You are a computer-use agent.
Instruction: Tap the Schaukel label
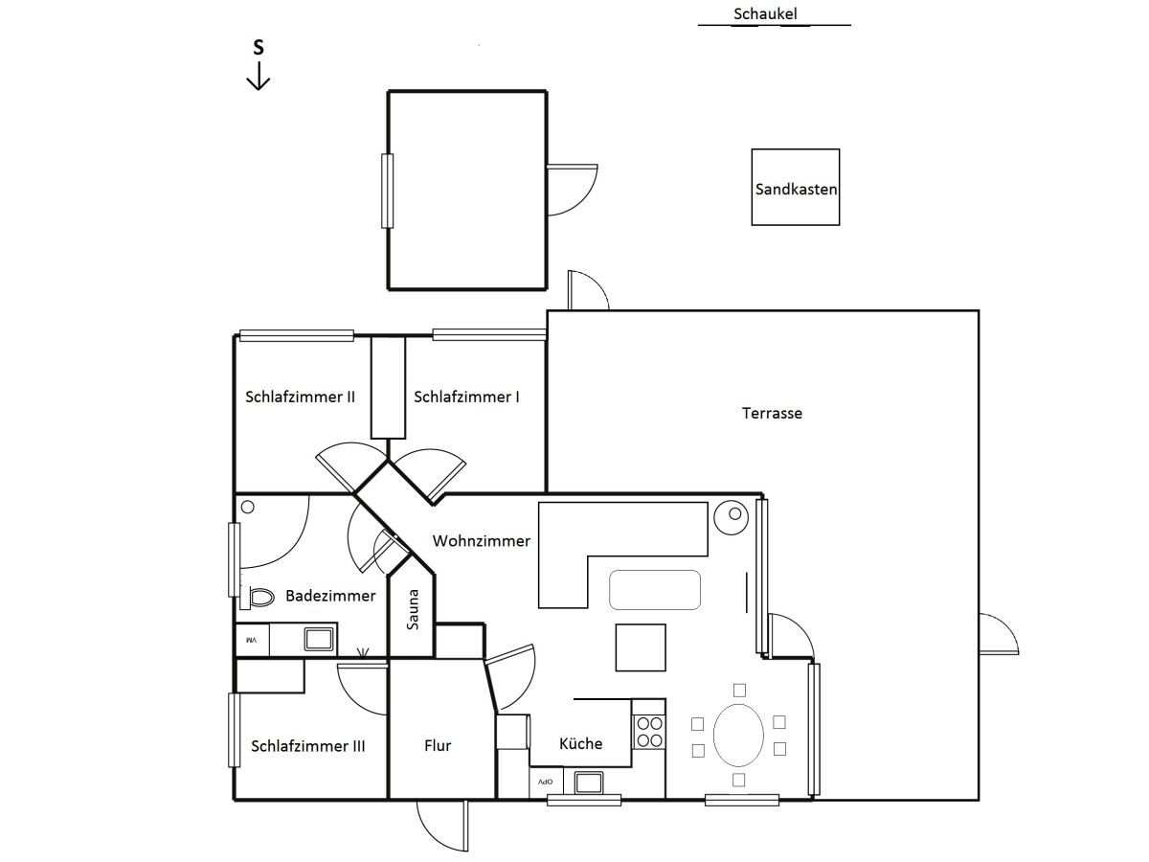[765, 14]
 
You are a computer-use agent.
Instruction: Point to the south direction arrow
[259, 76]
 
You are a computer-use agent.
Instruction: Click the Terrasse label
[772, 414]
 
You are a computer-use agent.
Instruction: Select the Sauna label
[413, 609]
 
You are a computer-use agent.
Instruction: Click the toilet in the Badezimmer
[258, 597]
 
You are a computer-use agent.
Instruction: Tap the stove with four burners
[649, 732]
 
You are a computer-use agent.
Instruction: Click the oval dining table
[738, 736]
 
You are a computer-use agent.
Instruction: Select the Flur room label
[438, 745]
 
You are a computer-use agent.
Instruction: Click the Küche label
[580, 743]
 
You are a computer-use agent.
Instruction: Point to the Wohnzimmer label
[481, 540]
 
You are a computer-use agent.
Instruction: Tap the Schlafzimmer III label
[307, 746]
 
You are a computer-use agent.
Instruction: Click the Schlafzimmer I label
[466, 397]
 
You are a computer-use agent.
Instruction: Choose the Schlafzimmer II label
[300, 397]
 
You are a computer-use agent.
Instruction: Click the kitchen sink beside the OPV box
[589, 783]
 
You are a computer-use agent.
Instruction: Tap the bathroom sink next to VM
[319, 639]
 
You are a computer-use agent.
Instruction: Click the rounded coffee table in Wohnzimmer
[655, 590]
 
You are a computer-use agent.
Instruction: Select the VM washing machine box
[253, 640]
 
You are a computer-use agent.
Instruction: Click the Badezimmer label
[330, 596]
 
